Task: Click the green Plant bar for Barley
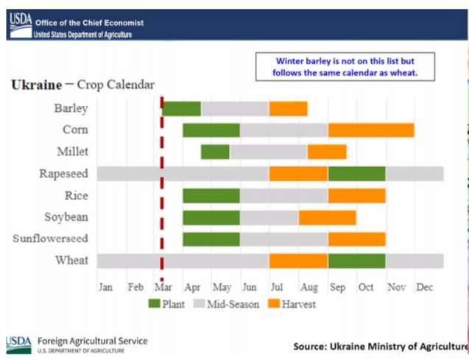pyautogui.click(x=181, y=108)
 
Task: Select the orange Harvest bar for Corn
pyautogui.click(x=370, y=130)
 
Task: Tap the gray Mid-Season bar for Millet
pyautogui.click(x=268, y=152)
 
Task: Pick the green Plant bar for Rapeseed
pyautogui.click(x=356, y=174)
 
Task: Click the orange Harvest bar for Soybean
pyautogui.click(x=327, y=218)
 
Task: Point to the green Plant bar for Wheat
pyautogui.click(x=356, y=261)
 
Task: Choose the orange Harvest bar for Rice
pyautogui.click(x=356, y=196)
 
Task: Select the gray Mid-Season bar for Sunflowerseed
pyautogui.click(x=283, y=239)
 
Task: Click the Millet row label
pyautogui.click(x=72, y=152)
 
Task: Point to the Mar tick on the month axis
pyautogui.click(x=163, y=287)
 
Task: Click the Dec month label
pyautogui.click(x=425, y=287)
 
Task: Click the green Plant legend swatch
pyautogui.click(x=155, y=303)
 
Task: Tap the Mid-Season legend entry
pyautogui.click(x=228, y=303)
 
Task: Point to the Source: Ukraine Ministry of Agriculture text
pyautogui.click(x=380, y=345)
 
